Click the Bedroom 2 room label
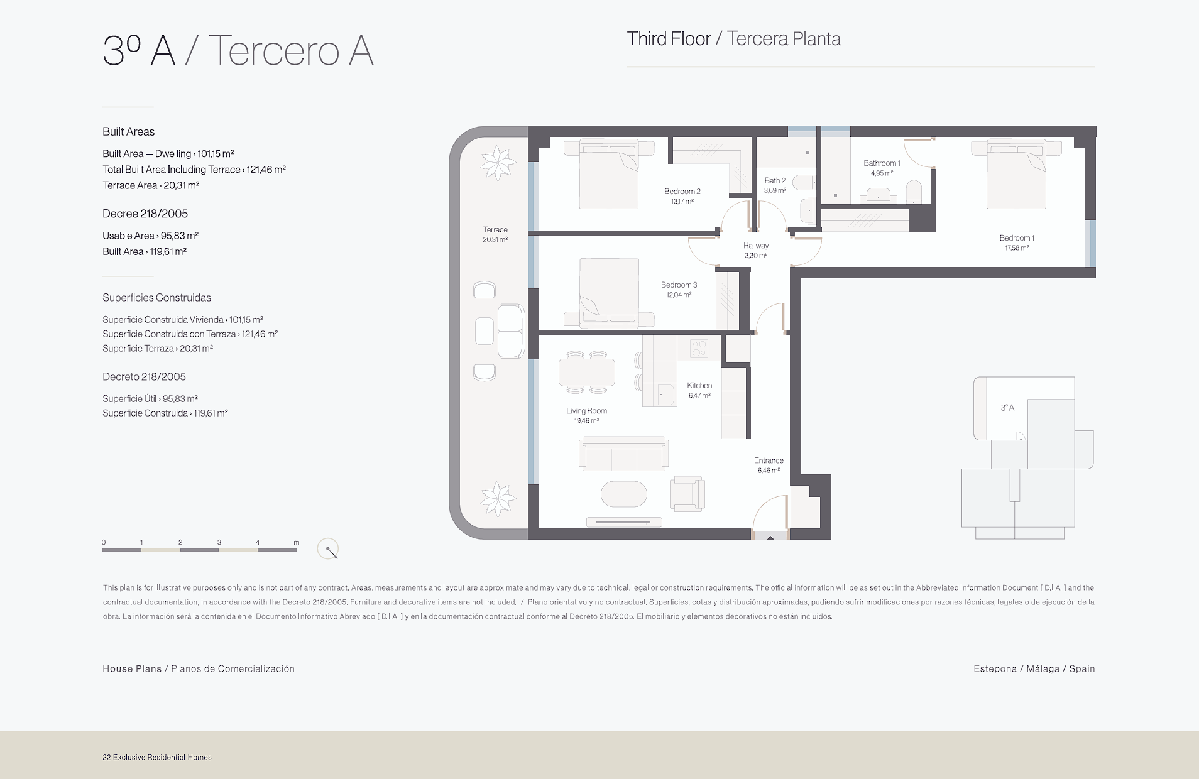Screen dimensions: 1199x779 point(682,192)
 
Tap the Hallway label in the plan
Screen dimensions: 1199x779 point(756,246)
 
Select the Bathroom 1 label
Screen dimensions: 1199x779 point(882,163)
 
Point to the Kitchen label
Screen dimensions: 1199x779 point(699,386)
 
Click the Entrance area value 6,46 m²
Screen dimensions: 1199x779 point(769,471)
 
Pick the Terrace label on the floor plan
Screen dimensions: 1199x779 point(495,230)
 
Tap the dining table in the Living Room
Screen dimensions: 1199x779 point(587,372)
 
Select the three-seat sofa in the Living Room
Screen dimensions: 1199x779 point(623,454)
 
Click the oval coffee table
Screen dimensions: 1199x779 point(623,494)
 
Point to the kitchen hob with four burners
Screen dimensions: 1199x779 point(699,348)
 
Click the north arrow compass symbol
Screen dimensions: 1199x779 point(328,549)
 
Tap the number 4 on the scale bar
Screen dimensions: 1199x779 point(258,542)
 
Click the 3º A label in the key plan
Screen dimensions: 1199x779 point(1007,408)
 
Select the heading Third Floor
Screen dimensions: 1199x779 point(669,39)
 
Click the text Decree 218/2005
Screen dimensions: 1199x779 point(145,214)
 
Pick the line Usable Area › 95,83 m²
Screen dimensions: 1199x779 point(151,236)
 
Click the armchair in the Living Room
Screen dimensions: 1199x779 point(687,493)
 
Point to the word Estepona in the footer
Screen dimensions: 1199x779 point(995,669)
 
